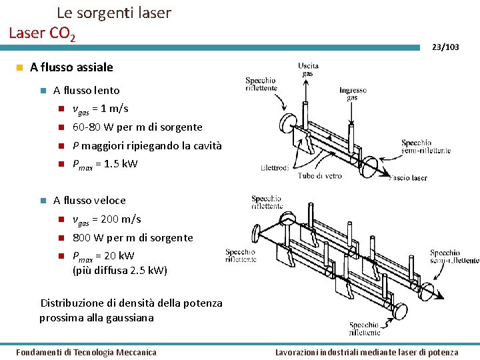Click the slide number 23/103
[x=445, y=47]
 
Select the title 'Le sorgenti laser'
[x=113, y=13]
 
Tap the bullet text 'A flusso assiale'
[x=72, y=67]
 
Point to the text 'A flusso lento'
[x=87, y=91]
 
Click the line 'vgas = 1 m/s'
[x=100, y=109]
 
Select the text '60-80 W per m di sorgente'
[x=137, y=127]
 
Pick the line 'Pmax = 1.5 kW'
[x=105, y=164]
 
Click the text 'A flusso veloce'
[x=89, y=201]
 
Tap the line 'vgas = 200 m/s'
[x=107, y=219]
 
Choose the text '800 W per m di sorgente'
[x=133, y=238]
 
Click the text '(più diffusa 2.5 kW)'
[x=120, y=271]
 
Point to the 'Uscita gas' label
[x=309, y=69]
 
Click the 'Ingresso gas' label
[x=353, y=93]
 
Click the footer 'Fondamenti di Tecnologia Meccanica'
[x=86, y=352]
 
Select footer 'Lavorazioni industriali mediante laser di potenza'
[x=367, y=352]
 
